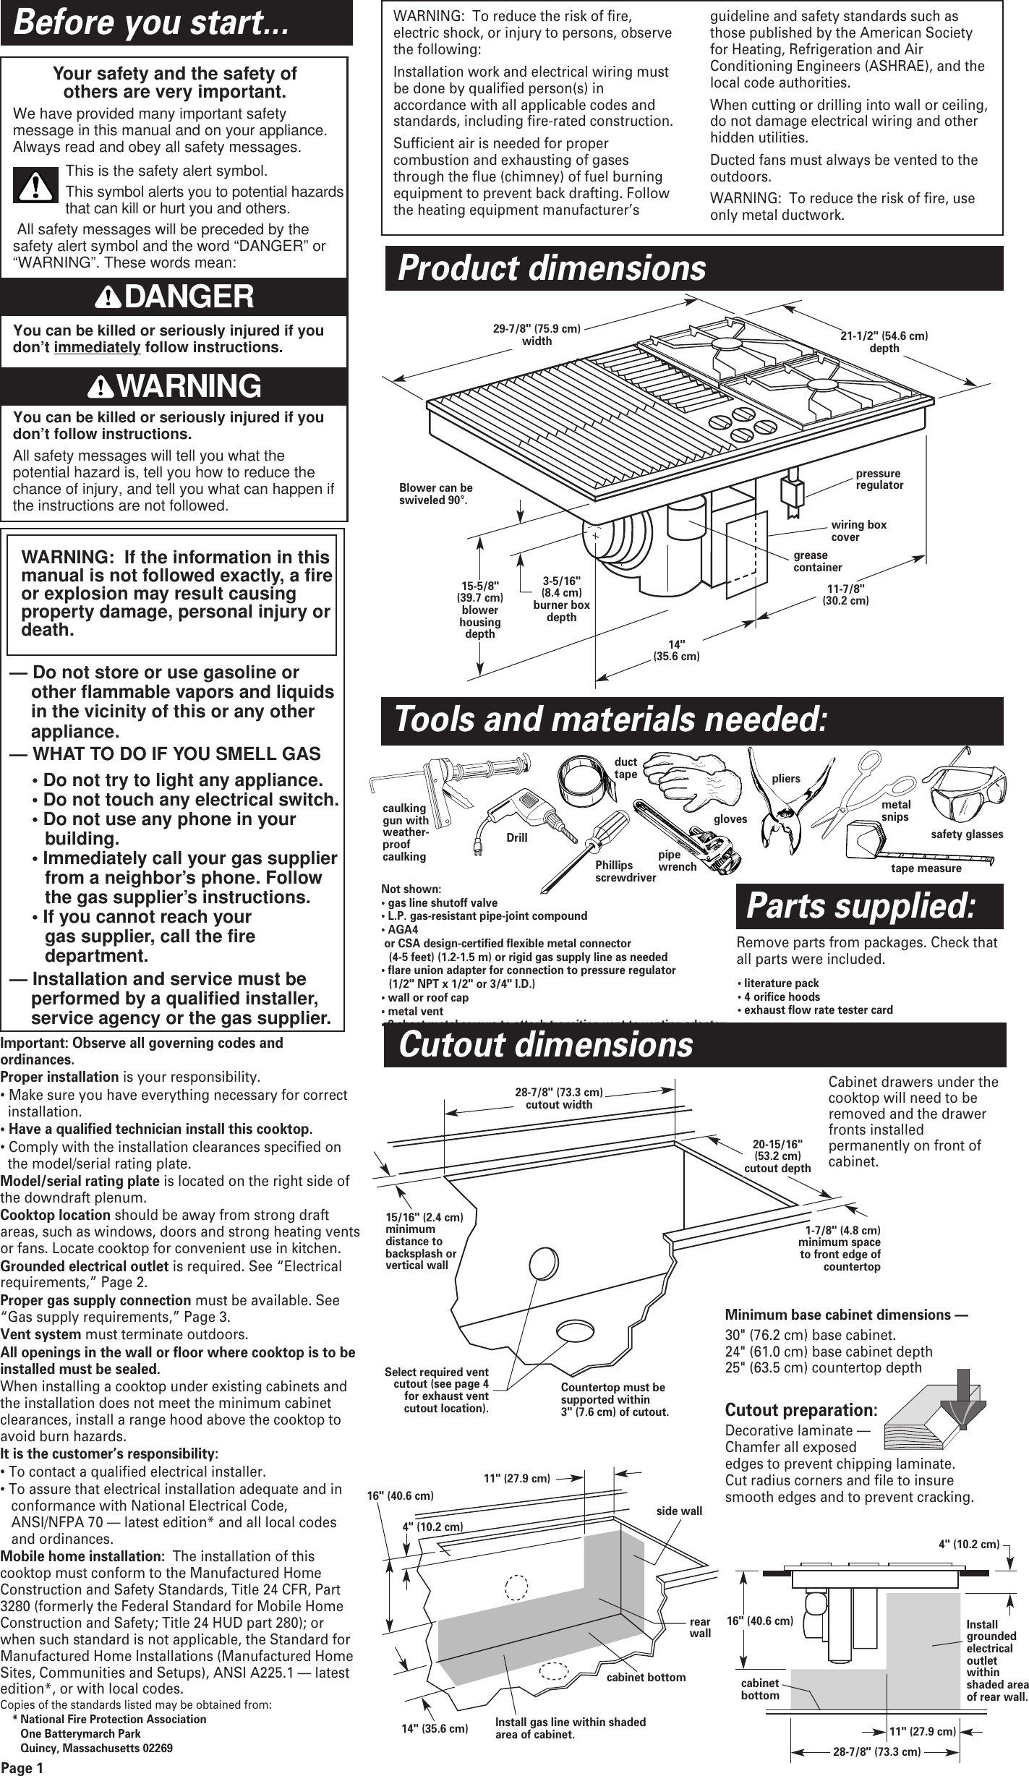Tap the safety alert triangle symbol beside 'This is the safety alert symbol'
click(x=35, y=186)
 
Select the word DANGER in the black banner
click(x=190, y=296)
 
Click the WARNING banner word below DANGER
click(x=189, y=386)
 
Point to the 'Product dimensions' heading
click(x=552, y=268)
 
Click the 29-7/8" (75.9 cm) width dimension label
click(x=537, y=334)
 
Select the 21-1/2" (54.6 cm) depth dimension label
click(x=884, y=342)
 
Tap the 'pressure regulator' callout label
click(x=879, y=479)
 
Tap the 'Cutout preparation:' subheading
click(x=801, y=1409)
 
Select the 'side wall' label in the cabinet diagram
click(x=678, y=1511)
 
